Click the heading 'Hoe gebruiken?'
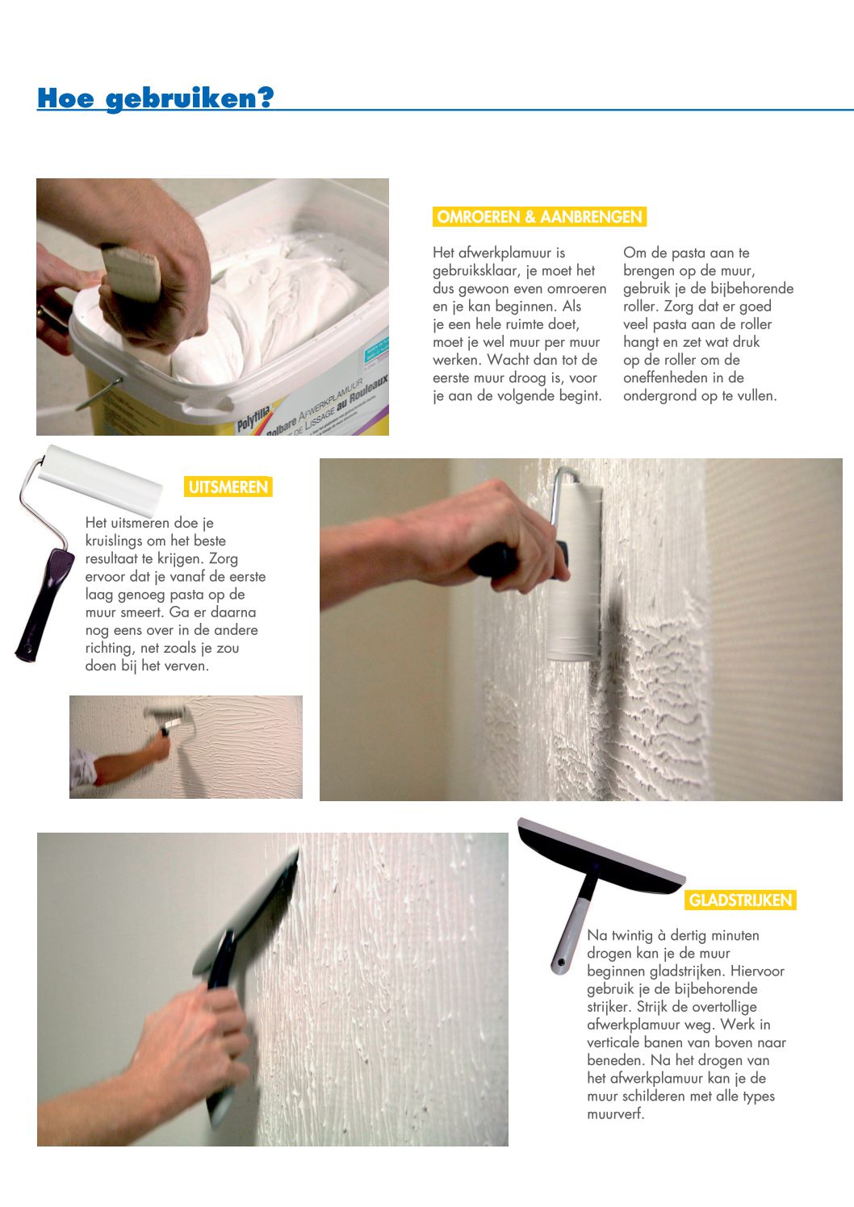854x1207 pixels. [x=155, y=98]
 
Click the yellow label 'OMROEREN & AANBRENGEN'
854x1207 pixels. [x=539, y=216]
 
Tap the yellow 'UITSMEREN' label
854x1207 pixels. [x=228, y=487]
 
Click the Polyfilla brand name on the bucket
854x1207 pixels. [x=253, y=418]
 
